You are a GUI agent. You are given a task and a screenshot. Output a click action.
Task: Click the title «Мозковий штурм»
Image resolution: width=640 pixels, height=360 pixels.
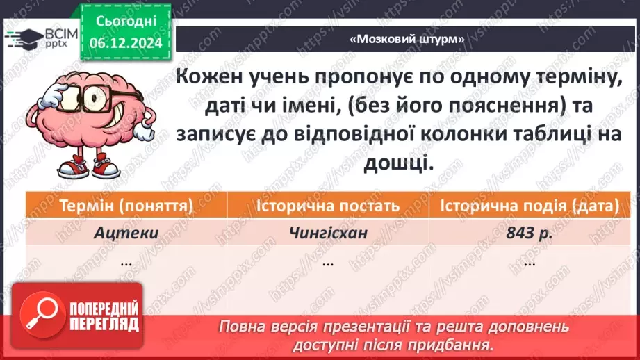pyautogui.click(x=407, y=39)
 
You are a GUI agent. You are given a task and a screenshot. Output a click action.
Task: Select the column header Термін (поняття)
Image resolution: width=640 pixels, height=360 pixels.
pyautogui.click(x=126, y=206)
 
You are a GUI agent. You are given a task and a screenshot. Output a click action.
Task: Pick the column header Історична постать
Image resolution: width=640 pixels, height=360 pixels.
pyautogui.click(x=327, y=206)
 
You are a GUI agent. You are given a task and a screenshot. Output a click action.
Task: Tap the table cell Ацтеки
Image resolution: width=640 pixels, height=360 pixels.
pyautogui.click(x=126, y=233)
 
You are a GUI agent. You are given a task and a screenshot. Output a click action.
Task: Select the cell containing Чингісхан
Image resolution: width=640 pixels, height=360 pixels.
pyautogui.click(x=327, y=233)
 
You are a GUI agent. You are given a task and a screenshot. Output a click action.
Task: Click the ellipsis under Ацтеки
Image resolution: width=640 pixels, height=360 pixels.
pyautogui.click(x=126, y=263)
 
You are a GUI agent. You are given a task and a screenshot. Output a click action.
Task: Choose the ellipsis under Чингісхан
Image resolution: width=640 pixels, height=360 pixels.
pyautogui.click(x=327, y=263)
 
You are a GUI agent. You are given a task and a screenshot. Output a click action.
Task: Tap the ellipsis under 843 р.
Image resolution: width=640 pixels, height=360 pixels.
pyautogui.click(x=529, y=263)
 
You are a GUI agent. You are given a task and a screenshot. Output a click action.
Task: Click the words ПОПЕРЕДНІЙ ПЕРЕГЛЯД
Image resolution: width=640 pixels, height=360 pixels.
pyautogui.click(x=103, y=316)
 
